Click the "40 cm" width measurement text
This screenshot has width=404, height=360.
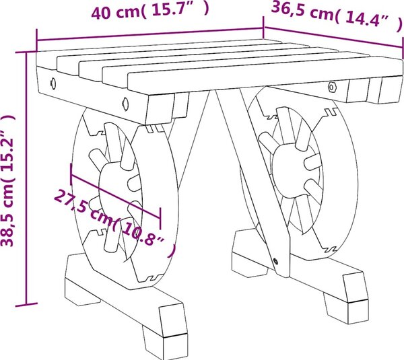(x=116, y=13)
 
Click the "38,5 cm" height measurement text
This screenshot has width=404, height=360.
(x=7, y=216)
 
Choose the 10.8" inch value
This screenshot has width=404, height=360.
(x=144, y=238)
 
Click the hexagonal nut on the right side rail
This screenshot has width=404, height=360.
(x=331, y=87)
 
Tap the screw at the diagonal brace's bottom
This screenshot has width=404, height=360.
(x=275, y=261)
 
